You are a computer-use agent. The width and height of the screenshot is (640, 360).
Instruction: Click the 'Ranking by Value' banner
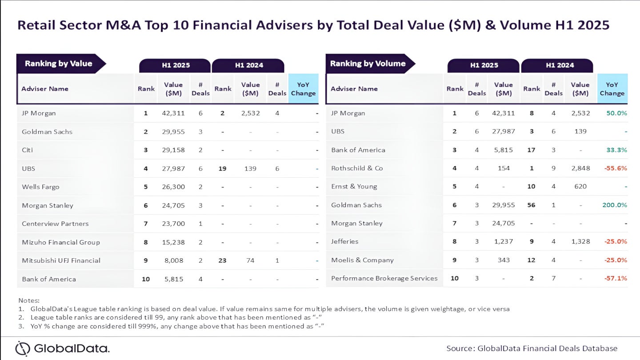coord(59,64)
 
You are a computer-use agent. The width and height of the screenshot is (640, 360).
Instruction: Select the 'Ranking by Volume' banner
coord(368,64)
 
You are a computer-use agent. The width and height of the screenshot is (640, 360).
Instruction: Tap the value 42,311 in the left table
coord(173,113)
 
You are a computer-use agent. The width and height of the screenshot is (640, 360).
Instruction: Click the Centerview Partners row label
coord(55,224)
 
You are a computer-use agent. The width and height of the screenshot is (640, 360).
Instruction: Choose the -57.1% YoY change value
coord(615,278)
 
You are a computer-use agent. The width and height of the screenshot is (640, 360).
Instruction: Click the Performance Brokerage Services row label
coord(384,278)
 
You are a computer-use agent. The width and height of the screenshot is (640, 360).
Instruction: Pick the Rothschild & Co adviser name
coord(357,168)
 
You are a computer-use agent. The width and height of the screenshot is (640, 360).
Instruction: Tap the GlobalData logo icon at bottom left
coord(23,348)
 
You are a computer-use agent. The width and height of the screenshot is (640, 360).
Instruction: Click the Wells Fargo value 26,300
coord(173,187)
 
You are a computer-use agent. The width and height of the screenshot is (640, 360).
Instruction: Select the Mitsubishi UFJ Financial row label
coord(61,260)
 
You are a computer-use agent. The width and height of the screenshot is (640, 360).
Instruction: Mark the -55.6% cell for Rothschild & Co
coord(615,168)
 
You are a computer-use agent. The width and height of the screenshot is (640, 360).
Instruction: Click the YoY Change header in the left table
coord(303,89)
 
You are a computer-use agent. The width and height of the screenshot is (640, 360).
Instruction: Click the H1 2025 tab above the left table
coord(175,65)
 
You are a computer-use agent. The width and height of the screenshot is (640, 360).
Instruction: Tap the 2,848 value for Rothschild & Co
coord(580,168)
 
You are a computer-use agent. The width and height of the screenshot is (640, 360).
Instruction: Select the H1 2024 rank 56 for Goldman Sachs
coord(531,205)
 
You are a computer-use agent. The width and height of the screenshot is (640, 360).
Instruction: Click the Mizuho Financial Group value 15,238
coord(173,242)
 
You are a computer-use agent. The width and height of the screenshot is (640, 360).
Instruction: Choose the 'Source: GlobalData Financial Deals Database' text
coord(532,348)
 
